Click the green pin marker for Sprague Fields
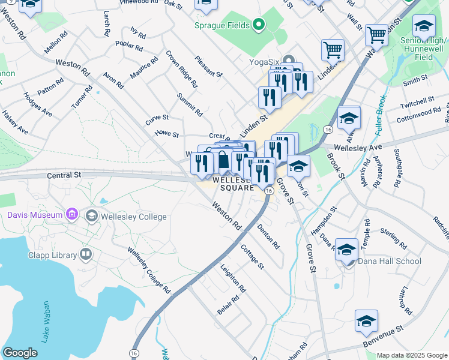(259, 25)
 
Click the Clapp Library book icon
(86, 254)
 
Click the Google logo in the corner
(20, 353)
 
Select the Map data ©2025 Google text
(412, 355)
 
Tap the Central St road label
(64, 176)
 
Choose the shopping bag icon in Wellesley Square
(223, 161)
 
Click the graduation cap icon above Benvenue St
(366, 322)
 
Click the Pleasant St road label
(209, 66)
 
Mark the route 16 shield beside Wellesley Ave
(328, 129)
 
